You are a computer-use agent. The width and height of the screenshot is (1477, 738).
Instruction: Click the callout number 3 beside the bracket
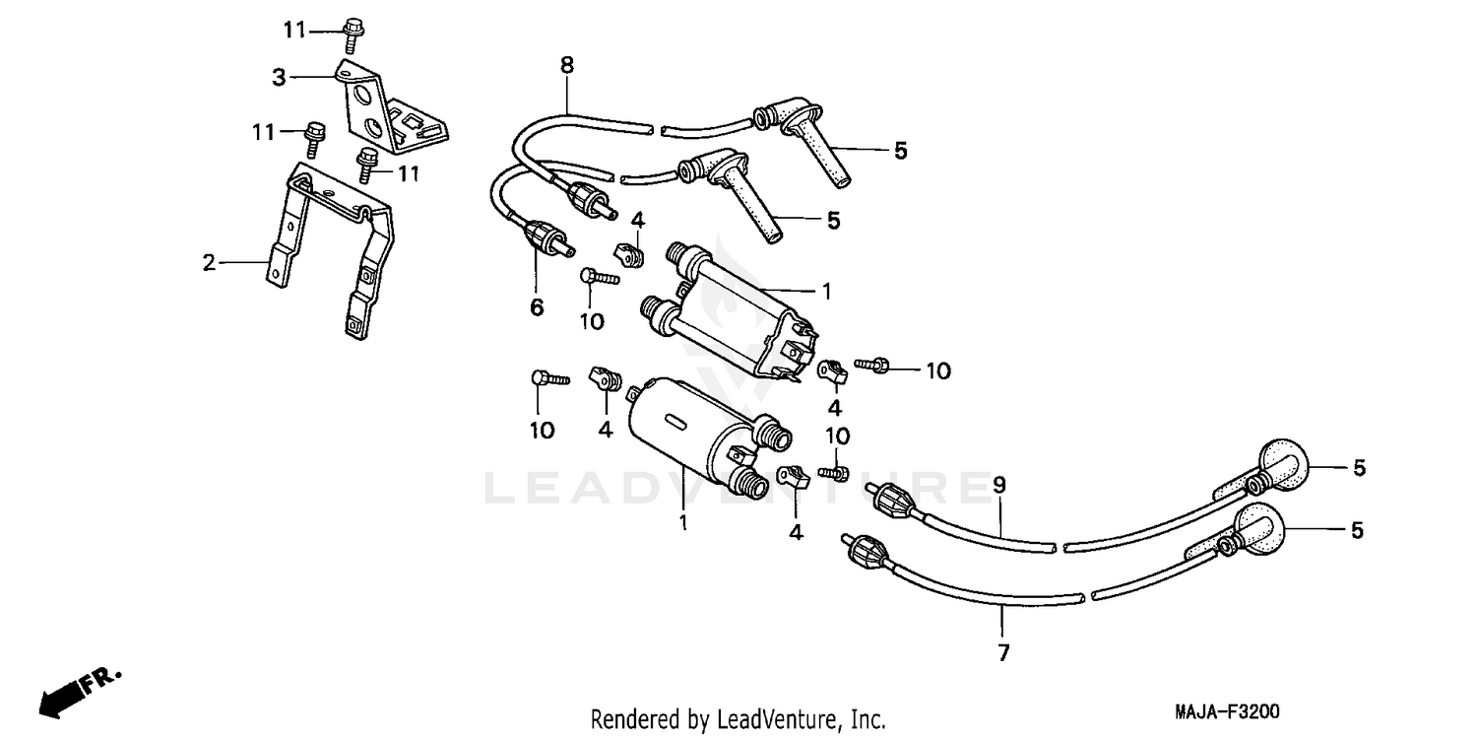pyautogui.click(x=279, y=76)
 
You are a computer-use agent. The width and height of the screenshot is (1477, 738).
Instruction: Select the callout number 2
pyautogui.click(x=208, y=262)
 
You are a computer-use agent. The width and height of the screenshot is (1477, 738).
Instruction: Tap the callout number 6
pyautogui.click(x=537, y=307)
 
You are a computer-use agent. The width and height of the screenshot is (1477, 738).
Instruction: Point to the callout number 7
pyautogui.click(x=1003, y=651)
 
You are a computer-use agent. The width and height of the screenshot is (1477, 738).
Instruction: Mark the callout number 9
pyautogui.click(x=998, y=485)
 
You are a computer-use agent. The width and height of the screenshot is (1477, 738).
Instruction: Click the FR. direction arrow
pyautogui.click(x=79, y=691)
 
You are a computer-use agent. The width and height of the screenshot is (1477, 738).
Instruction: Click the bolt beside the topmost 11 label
pyautogui.click(x=353, y=34)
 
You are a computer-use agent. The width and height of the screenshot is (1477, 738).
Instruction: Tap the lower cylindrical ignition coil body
pyautogui.click(x=689, y=429)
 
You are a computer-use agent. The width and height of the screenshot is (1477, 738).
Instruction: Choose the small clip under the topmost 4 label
pyautogui.click(x=631, y=254)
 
